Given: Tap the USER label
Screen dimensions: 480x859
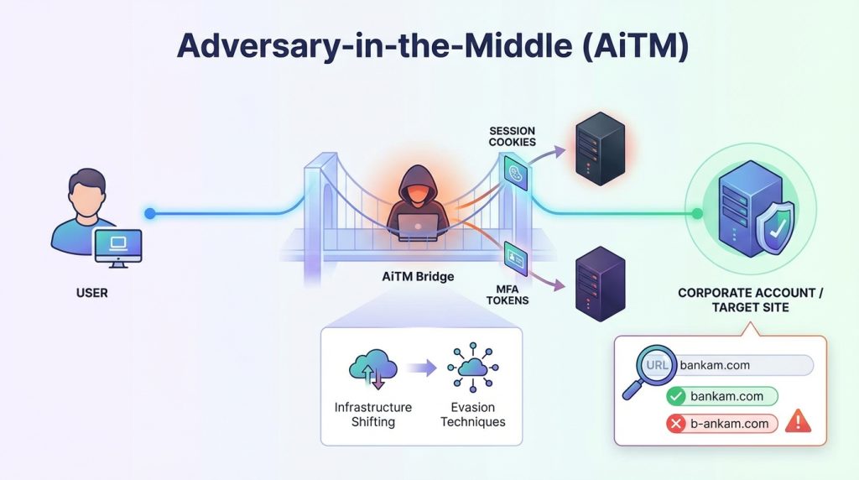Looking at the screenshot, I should coord(92,294).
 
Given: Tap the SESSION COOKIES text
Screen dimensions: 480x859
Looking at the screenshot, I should coord(512,136).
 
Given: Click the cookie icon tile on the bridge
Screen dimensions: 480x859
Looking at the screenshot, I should coord(514,173).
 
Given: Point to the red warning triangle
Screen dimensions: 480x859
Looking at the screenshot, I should coord(797,422).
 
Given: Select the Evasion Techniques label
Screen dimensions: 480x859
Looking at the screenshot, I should coord(473,415).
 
